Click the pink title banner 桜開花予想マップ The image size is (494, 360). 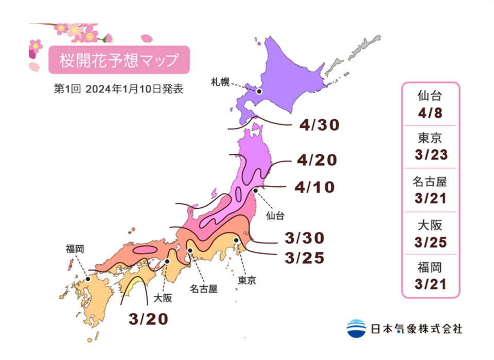[x=119, y=61]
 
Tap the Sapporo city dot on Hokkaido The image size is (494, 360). [x=259, y=92]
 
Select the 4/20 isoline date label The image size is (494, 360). [x=317, y=160]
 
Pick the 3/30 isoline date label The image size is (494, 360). [x=305, y=238]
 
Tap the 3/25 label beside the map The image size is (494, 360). [x=305, y=257]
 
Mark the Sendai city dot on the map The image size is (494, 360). [x=256, y=190]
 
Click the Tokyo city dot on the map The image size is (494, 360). [x=236, y=240]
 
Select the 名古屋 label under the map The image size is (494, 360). [x=203, y=289]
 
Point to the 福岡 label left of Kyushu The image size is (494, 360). [x=75, y=249]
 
